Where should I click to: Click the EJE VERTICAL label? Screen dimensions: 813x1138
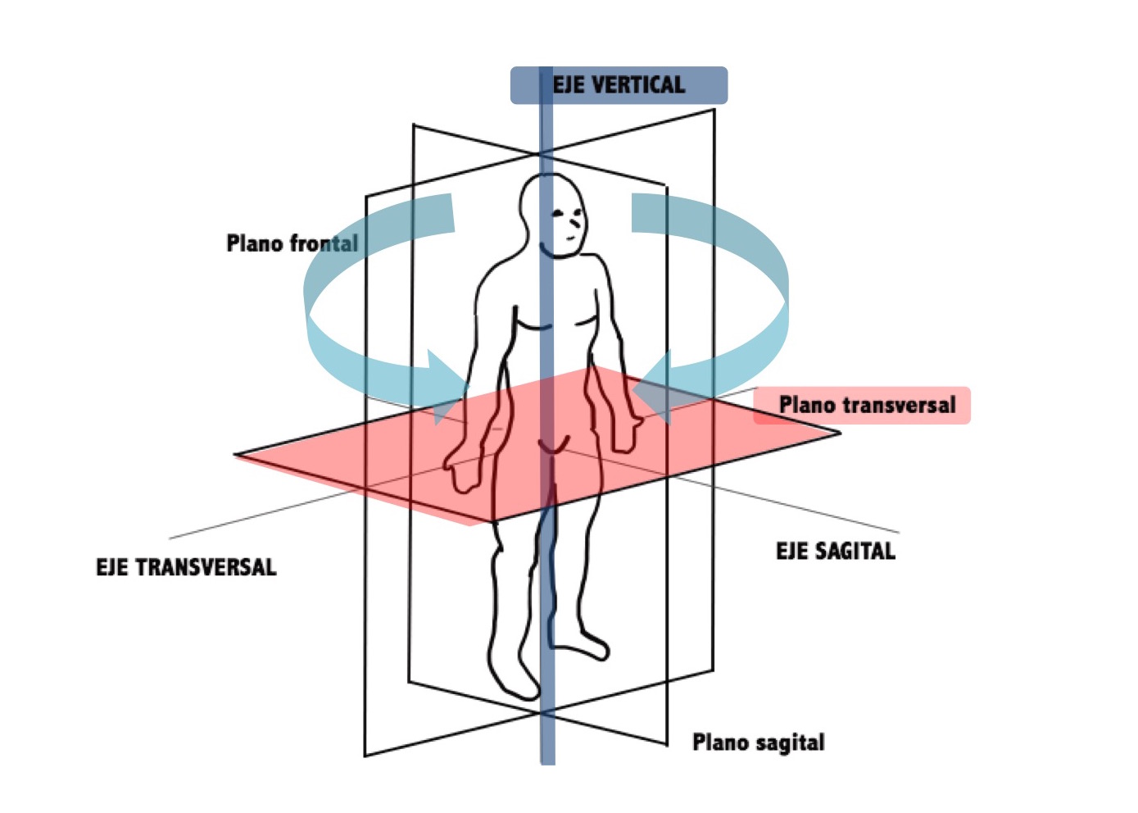[x=619, y=85]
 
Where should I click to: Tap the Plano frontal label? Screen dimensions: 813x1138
[x=292, y=243]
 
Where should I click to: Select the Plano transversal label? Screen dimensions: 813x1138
[x=866, y=405]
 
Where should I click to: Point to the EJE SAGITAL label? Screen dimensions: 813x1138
[x=835, y=551]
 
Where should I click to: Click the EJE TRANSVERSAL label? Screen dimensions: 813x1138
[x=186, y=567]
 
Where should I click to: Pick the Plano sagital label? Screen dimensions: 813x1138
[x=758, y=743]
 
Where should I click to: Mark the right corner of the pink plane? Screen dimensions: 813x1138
[x=837, y=432]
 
